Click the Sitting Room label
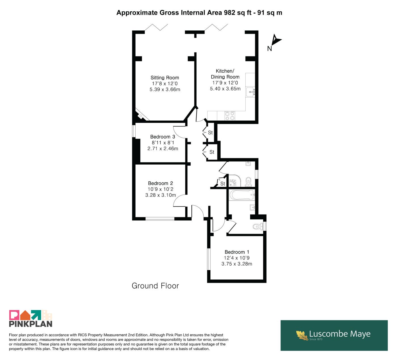click(165, 78)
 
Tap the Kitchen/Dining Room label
click(225, 74)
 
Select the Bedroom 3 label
click(163, 137)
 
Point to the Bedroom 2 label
click(161, 183)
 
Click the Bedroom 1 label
click(237, 252)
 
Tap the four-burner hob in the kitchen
click(230, 116)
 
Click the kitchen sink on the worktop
click(250, 92)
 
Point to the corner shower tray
click(235, 181)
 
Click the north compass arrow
click(276, 40)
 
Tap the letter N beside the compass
click(270, 49)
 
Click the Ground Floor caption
click(155, 286)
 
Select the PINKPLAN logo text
click(31, 324)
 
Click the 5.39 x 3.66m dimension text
click(165, 89)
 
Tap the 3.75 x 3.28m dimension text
click(237, 264)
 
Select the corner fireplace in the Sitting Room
click(141, 115)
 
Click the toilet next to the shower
click(248, 182)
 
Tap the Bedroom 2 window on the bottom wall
click(160, 219)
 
